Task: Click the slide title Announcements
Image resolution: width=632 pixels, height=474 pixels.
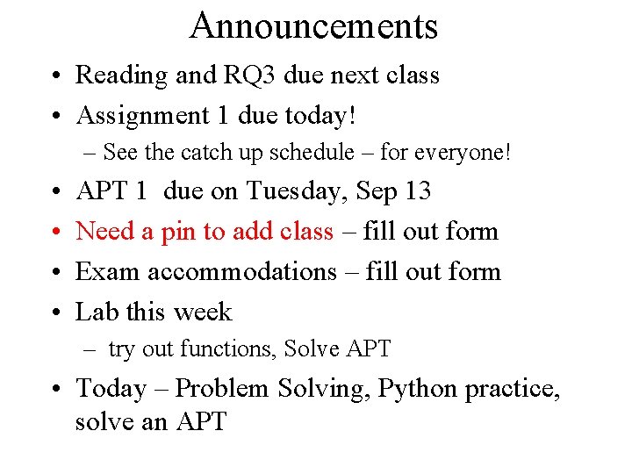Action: [313, 26]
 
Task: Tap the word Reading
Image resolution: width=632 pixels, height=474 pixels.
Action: [122, 75]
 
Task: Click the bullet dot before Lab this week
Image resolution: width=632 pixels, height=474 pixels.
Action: [55, 313]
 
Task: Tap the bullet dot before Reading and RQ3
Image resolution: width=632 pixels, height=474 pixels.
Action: [55, 76]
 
